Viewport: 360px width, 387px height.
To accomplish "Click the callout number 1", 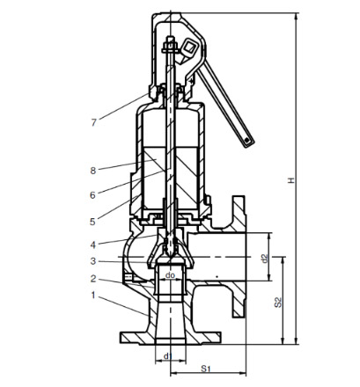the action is pos(93,296).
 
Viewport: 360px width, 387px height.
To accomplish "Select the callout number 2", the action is pos(93,279).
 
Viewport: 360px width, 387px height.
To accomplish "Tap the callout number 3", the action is pos(93,261).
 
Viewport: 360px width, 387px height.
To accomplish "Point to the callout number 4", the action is pos(93,245).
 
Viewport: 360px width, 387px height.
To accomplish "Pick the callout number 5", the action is pos(92,222).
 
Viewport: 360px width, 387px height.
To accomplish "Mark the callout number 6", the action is pos(92,195).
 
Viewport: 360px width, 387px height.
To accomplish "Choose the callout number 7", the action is pos(93,122).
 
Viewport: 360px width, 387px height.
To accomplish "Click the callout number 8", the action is pos(93,171).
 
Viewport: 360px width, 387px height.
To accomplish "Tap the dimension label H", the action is pos(290,180).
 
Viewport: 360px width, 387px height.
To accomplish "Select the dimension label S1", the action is pos(206,369).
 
